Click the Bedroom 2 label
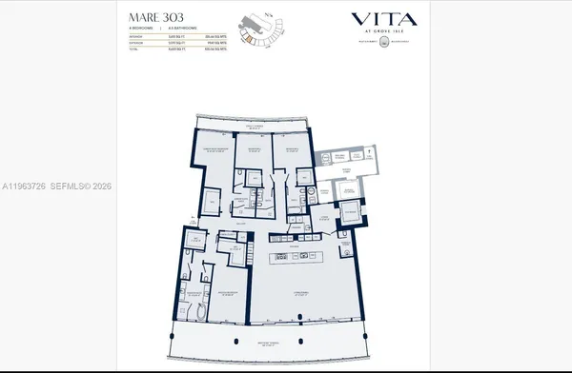click(253, 148)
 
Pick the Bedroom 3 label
click(289, 148)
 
